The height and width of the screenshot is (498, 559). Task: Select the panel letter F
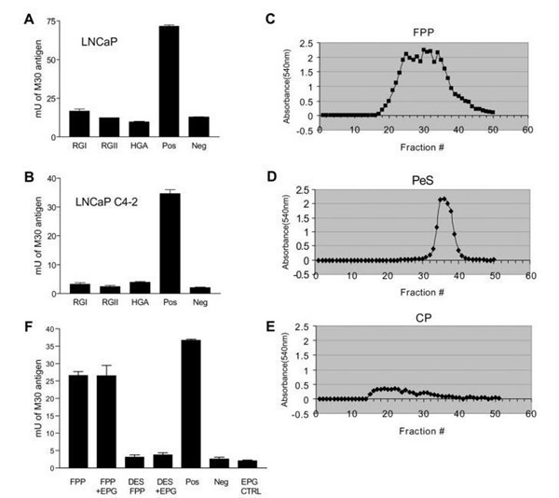[31, 329]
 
